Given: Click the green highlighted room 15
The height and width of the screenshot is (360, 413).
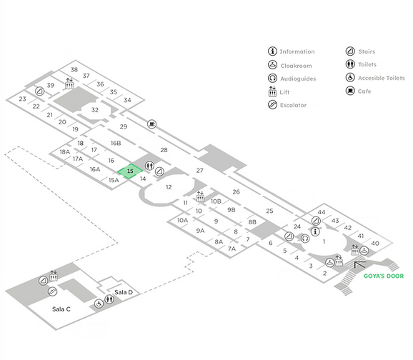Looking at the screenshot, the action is pyautogui.click(x=130, y=171).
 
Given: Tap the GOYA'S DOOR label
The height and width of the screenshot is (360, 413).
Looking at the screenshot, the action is pyautogui.click(x=384, y=276).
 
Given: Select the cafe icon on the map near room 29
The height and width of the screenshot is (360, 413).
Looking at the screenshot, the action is pyautogui.click(x=151, y=124).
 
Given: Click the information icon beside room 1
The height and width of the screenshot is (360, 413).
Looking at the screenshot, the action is pyautogui.click(x=315, y=231).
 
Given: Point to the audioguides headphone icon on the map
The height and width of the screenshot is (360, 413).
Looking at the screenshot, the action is pyautogui.click(x=305, y=239).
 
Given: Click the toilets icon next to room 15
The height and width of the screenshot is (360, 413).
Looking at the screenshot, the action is pyautogui.click(x=149, y=166).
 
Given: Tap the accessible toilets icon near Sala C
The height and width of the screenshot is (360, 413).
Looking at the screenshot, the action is pyautogui.click(x=99, y=304).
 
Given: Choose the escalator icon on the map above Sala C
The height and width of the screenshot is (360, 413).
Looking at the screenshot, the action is pyautogui.click(x=52, y=291).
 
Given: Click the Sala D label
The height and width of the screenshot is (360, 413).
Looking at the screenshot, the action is pyautogui.click(x=124, y=292).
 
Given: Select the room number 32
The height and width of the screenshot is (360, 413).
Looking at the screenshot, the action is pyautogui.click(x=95, y=110).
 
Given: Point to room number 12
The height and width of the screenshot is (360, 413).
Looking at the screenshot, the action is pyautogui.click(x=169, y=187).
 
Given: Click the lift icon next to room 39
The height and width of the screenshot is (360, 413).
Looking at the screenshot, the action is pyautogui.click(x=69, y=84).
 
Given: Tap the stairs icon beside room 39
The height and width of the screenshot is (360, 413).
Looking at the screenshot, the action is pyautogui.click(x=40, y=91).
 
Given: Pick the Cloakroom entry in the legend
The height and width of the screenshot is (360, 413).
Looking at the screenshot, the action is pyautogui.click(x=289, y=65).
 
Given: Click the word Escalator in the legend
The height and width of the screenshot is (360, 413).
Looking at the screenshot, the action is pyautogui.click(x=293, y=105).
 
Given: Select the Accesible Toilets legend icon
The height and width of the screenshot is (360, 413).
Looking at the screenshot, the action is pyautogui.click(x=350, y=77).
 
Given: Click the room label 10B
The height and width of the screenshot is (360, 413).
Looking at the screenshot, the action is pyautogui.click(x=216, y=201).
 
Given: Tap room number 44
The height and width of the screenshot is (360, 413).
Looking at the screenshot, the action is pyautogui.click(x=322, y=212).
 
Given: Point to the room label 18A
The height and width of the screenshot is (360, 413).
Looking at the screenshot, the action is pyautogui.click(x=65, y=152).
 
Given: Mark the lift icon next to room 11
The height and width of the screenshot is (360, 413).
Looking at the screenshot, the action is pyautogui.click(x=200, y=196).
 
